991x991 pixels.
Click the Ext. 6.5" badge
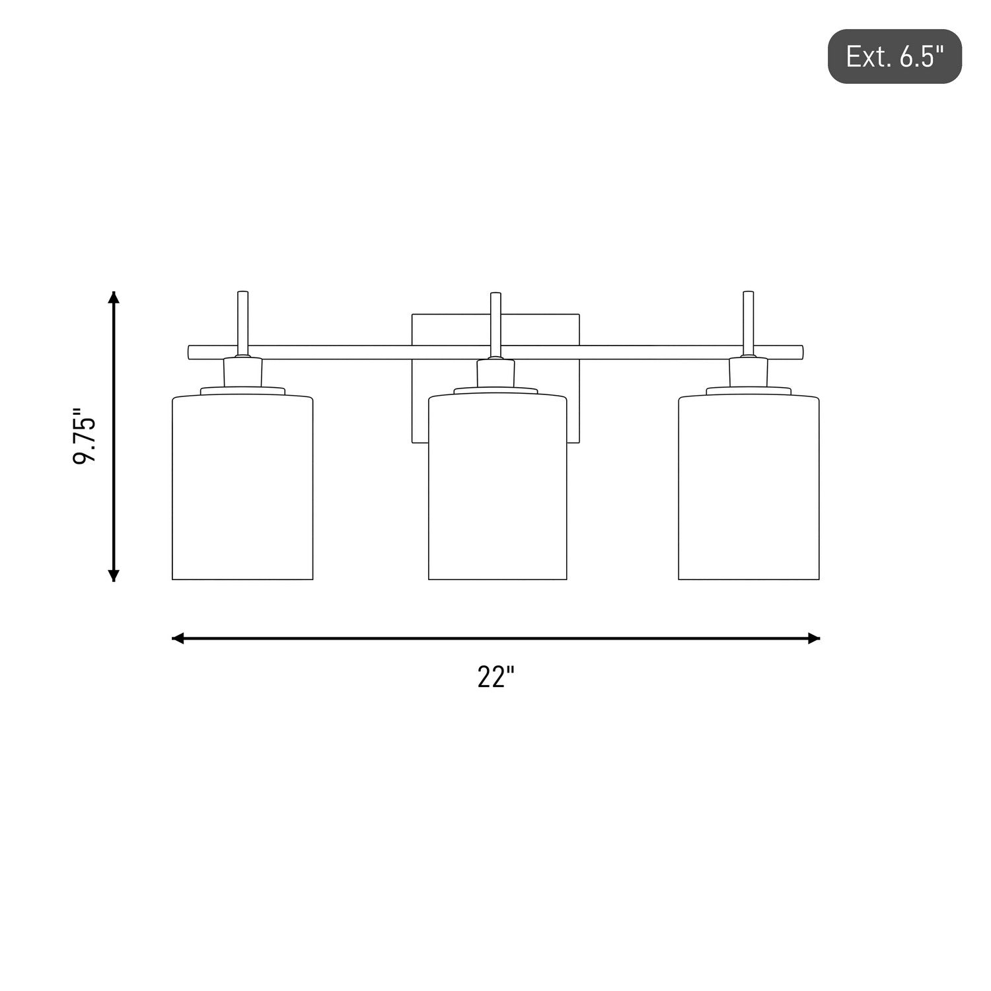895,56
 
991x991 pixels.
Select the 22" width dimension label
495,677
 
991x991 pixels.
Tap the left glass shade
242,487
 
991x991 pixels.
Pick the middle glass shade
497,487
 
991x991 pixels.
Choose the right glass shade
749,487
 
